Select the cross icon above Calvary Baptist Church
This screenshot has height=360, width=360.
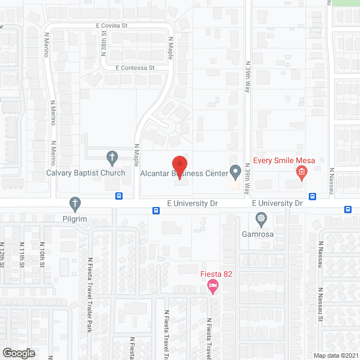(x=112, y=157)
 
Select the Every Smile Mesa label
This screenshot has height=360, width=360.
(x=283, y=160)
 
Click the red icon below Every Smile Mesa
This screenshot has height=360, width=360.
(x=301, y=172)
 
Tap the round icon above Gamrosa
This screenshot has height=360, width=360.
(x=260, y=218)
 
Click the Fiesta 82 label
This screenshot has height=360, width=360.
(x=217, y=274)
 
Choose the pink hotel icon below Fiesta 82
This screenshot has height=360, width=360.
(x=213, y=287)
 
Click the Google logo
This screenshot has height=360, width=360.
(x=18, y=353)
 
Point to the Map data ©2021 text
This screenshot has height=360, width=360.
(x=336, y=355)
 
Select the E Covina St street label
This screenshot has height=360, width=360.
(x=112, y=25)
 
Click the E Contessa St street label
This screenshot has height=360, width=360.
(x=135, y=67)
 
